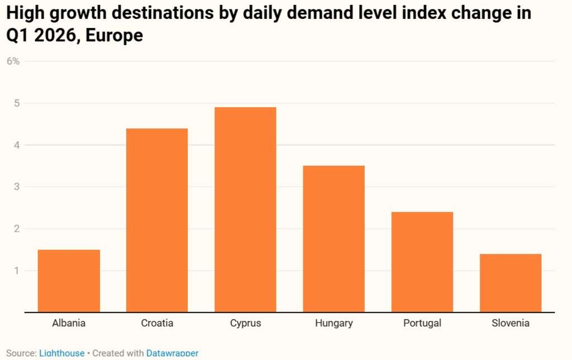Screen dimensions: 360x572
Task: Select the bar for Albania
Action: (x=69, y=281)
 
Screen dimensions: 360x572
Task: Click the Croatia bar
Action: (x=157, y=220)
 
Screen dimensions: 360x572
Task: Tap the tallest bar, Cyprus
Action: (x=245, y=210)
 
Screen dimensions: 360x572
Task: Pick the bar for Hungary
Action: (x=333, y=239)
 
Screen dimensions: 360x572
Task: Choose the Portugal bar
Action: (x=422, y=262)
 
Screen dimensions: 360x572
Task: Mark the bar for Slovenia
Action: (x=511, y=283)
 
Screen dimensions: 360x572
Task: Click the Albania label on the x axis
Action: (x=69, y=323)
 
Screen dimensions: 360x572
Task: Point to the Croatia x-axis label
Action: (x=157, y=323)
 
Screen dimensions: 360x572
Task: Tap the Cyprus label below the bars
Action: (x=245, y=323)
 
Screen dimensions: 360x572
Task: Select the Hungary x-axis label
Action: (x=333, y=323)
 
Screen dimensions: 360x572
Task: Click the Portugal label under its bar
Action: (x=422, y=323)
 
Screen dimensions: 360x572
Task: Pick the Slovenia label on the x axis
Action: (x=511, y=323)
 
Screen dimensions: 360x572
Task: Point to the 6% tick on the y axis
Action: (x=13, y=61)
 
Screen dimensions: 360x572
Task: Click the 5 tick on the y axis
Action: (x=17, y=103)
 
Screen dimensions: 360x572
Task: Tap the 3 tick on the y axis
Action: (x=17, y=187)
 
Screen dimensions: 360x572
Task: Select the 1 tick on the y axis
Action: (x=17, y=271)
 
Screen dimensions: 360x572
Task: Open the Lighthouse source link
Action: (x=61, y=353)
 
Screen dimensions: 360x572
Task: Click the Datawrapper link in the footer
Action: (x=172, y=353)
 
